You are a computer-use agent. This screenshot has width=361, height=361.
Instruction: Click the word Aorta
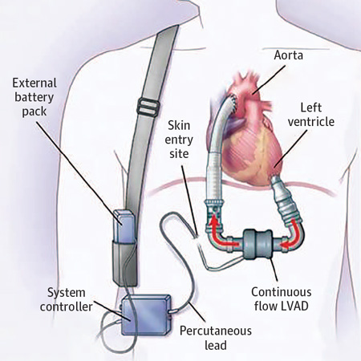coord(289,55)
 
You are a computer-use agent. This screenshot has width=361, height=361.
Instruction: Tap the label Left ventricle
coord(311,115)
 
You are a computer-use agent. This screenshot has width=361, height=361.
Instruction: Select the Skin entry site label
coord(179,140)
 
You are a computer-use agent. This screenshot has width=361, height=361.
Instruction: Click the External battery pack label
coord(34,97)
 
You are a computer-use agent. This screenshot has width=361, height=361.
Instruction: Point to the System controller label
coord(67,300)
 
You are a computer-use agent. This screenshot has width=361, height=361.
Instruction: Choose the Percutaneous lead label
coord(216,338)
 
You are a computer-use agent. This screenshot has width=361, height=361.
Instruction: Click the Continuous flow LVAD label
coord(282,299)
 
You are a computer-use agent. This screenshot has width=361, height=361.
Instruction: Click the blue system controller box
coord(146,315)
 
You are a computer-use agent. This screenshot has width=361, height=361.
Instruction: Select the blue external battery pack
coord(123,225)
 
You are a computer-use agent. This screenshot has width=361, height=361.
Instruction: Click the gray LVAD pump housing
coord(258,244)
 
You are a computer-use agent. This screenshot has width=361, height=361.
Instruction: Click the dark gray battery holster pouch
coord(124,262)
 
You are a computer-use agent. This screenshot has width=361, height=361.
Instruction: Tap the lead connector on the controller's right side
coord(171,311)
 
